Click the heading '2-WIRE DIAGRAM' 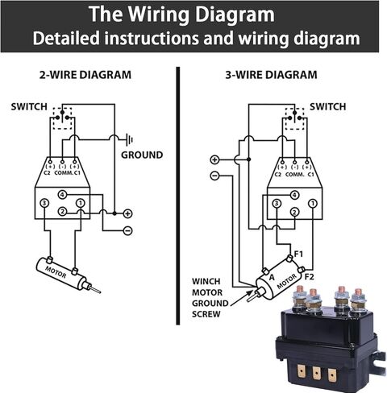[85, 76]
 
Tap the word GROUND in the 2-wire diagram [141, 155]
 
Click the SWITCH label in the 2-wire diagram [28, 106]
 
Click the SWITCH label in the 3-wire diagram [328, 106]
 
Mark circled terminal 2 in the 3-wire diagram [295, 212]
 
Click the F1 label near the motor [298, 254]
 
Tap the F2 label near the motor [310, 276]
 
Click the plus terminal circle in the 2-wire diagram [127, 213]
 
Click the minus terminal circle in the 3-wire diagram [214, 175]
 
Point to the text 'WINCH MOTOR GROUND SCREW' [211, 298]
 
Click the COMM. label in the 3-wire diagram [295, 173]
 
